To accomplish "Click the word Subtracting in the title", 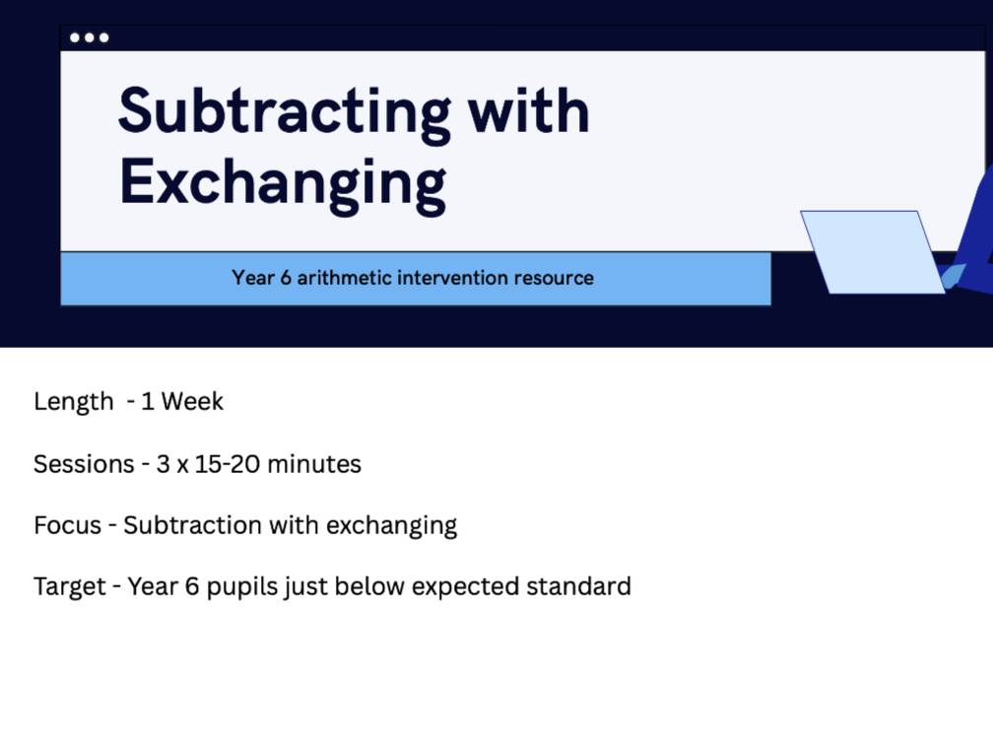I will pyautogui.click(x=284, y=112).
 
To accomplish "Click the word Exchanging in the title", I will pyautogui.click(x=283, y=183).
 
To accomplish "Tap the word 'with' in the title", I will pyautogui.click(x=528, y=110).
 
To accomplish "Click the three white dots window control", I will pyautogui.click(x=90, y=38).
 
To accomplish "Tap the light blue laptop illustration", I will pyautogui.click(x=871, y=251).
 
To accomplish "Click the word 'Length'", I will pyautogui.click(x=74, y=402).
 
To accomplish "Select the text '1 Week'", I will pyautogui.click(x=182, y=402).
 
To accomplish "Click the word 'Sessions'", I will pyautogui.click(x=84, y=464).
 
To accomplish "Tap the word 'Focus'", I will pyautogui.click(x=67, y=525).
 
